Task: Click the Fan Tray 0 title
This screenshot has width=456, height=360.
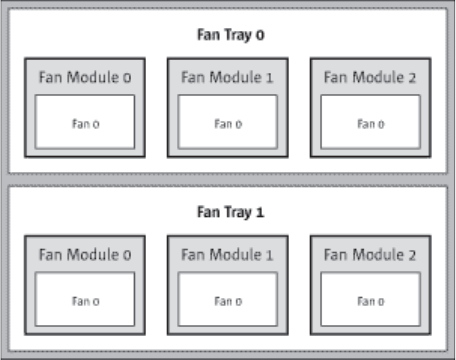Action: coord(231,35)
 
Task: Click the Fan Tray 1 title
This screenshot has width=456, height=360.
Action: coord(231,212)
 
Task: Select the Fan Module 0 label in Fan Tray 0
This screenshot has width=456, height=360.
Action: coord(85,77)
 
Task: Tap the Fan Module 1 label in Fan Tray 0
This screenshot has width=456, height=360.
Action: coord(227,77)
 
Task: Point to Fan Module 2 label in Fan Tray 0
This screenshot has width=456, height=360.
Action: coord(370,77)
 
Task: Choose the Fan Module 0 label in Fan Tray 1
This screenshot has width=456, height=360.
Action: coord(85,255)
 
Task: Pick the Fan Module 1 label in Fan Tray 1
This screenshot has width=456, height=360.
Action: coord(227,255)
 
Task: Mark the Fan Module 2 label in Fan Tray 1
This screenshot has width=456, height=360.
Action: coord(370,255)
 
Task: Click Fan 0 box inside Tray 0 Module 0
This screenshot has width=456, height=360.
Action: coord(85,122)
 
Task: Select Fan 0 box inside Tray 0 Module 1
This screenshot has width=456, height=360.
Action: coord(228,122)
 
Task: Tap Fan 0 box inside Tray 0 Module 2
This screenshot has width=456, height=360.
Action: coord(370,122)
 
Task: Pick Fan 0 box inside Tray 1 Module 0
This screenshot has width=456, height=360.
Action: coord(85,299)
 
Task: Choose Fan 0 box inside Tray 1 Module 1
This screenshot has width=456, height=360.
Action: coord(228,299)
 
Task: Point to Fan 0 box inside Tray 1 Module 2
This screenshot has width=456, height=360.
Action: coord(370,299)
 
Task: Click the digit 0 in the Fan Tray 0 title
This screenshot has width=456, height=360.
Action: coord(260,35)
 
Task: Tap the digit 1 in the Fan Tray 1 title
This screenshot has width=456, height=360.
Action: coord(260,212)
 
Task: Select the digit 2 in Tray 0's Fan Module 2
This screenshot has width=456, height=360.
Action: coord(412,78)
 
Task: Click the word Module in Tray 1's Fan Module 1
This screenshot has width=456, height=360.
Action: coord(236,255)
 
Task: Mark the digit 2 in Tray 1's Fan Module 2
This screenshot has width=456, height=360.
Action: coord(412,255)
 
